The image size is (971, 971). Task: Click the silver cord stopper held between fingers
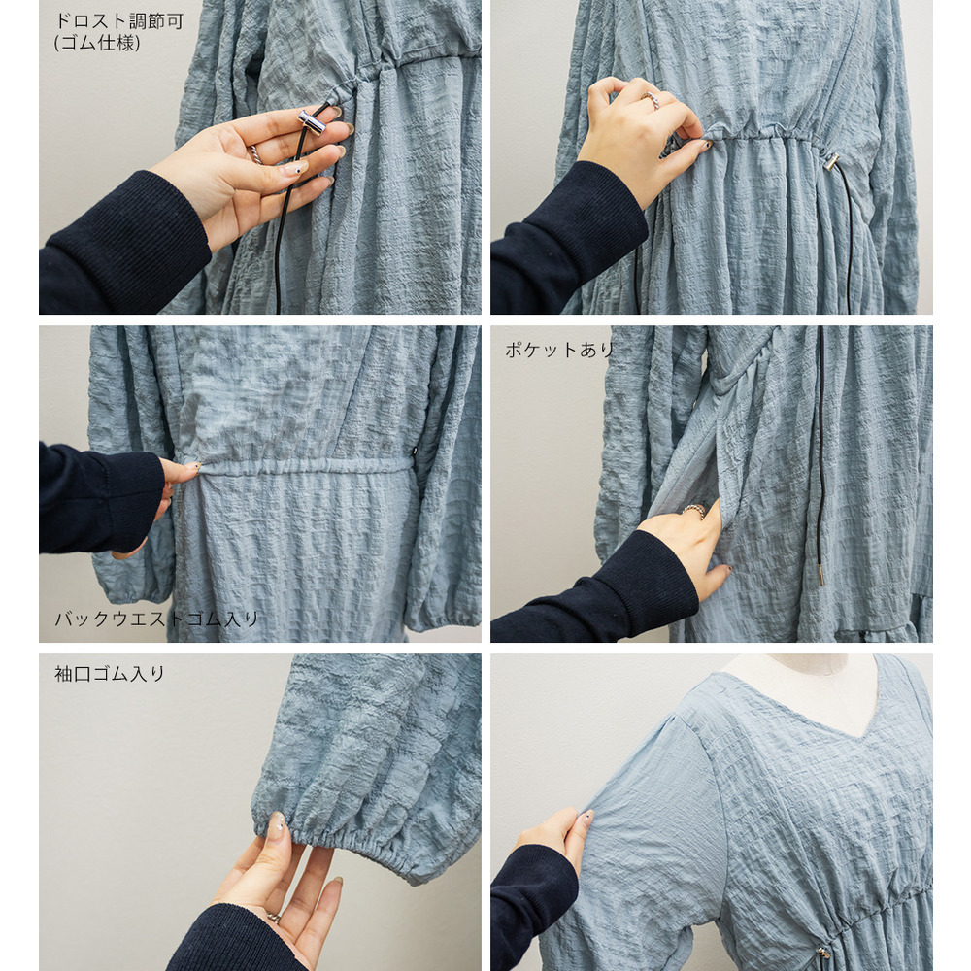click(x=312, y=122)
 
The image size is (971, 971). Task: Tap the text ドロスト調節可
click(x=118, y=21)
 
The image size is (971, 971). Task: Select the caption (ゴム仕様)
click(x=97, y=43)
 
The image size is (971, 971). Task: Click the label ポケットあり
click(x=558, y=350)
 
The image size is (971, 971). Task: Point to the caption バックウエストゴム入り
click(x=156, y=619)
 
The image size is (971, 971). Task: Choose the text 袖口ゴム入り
click(x=110, y=674)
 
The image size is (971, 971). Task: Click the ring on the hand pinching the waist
click(x=651, y=100)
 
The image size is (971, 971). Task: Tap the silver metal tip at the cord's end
click(x=821, y=574)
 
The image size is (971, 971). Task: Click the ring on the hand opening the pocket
click(x=693, y=511)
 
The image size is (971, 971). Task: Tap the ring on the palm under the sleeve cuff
click(x=273, y=918)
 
